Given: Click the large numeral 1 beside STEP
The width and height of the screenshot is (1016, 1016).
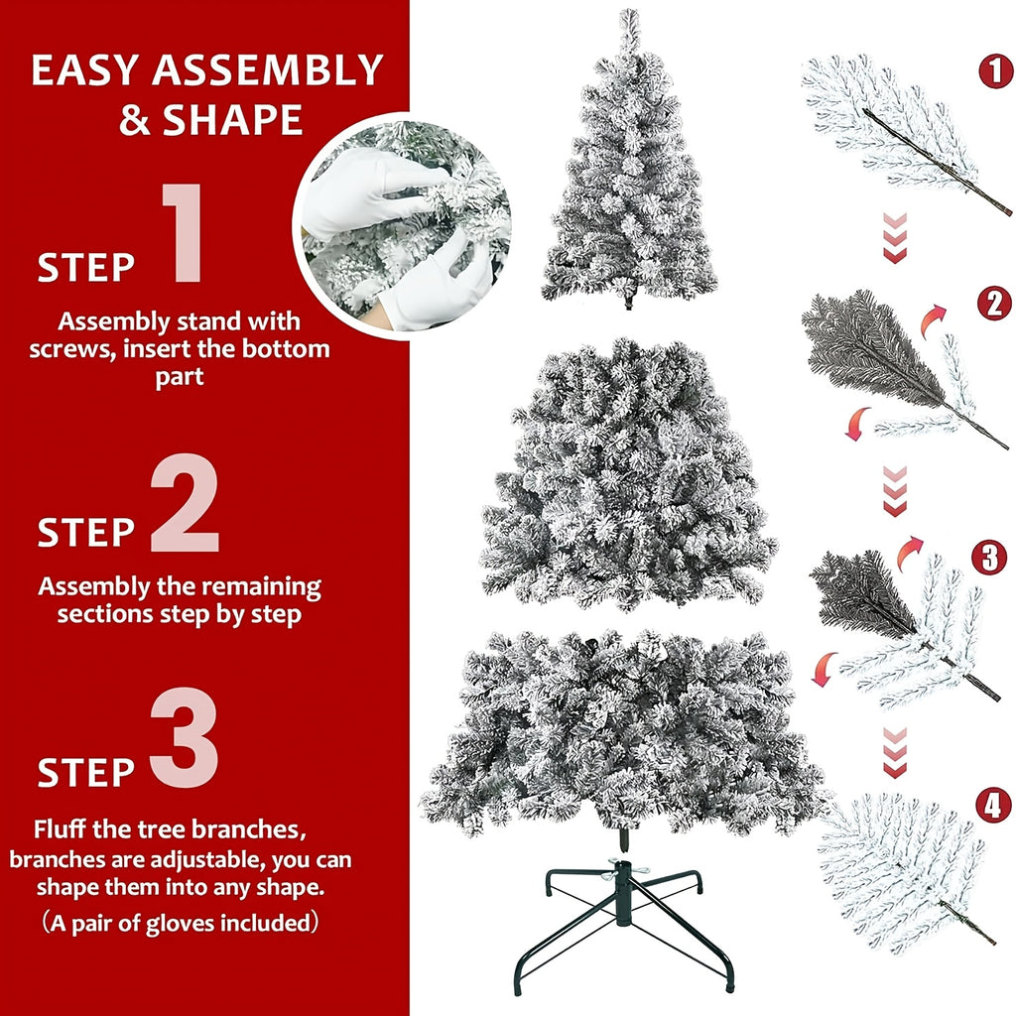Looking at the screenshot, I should (x=182, y=234).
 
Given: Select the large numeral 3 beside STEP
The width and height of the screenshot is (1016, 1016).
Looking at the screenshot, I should (x=184, y=741).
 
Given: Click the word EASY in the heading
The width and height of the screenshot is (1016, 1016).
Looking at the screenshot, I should (x=90, y=72).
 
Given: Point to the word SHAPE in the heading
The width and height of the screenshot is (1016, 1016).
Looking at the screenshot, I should (x=232, y=119).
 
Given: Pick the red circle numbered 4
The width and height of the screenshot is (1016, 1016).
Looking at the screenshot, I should (x=992, y=806).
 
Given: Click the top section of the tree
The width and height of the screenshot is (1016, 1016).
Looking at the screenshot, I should (x=629, y=169).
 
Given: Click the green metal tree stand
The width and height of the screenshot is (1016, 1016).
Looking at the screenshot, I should (x=623, y=918).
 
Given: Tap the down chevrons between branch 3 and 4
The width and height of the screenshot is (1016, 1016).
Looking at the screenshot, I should (x=895, y=751).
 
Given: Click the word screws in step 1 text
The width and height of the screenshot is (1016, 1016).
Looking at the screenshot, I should (x=63, y=349).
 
